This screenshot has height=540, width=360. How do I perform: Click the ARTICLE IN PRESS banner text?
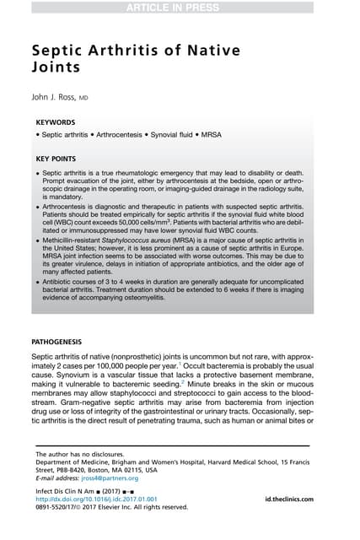(180, 8)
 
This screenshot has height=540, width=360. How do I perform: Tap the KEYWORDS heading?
(56, 121)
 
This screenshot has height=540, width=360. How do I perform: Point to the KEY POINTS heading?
(57, 159)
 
